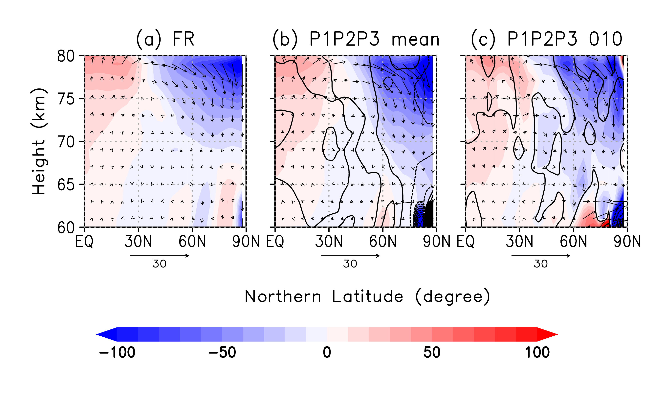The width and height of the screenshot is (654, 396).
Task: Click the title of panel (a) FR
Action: (165, 39)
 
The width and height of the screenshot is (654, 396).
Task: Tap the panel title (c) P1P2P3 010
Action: (547, 39)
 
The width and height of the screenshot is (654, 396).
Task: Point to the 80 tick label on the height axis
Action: (66, 56)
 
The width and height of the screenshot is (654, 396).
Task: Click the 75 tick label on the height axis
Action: (66, 99)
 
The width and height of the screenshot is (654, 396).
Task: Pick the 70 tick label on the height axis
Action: (66, 142)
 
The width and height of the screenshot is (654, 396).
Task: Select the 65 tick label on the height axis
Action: (66, 185)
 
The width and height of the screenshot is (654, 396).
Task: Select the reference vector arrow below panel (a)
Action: (160, 256)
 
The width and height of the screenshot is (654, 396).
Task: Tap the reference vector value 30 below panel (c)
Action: (541, 264)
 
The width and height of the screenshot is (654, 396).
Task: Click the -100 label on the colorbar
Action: (117, 352)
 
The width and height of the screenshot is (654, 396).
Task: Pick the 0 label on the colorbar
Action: (327, 352)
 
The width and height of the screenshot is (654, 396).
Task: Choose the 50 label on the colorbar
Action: (432, 352)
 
